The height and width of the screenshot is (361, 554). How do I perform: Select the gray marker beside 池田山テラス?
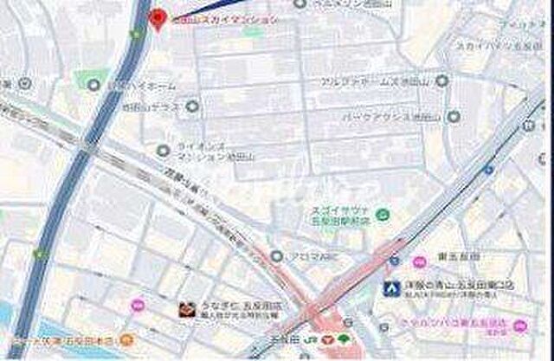192,107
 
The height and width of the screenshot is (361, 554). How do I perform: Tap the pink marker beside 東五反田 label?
419,261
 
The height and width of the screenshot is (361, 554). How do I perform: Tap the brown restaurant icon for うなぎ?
185,308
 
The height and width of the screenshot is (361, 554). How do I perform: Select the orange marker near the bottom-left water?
126,339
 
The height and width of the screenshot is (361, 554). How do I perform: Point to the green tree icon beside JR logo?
344,338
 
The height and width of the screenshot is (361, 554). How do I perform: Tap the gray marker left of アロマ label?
276,256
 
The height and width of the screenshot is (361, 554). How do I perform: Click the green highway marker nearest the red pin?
135,35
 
